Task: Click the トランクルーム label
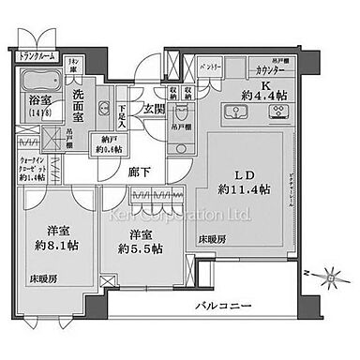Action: pyautogui.click(x=38, y=57)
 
